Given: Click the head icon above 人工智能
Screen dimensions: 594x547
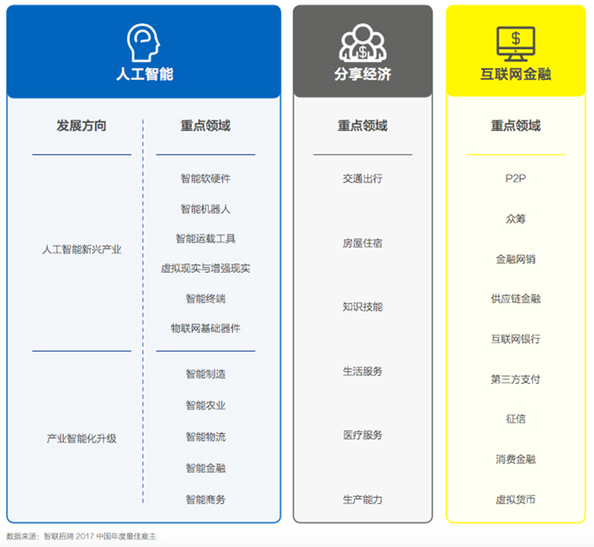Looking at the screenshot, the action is (143, 40).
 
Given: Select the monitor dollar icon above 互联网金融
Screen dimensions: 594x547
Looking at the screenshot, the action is (515, 40).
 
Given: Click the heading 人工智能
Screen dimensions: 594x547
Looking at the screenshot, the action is (144, 74).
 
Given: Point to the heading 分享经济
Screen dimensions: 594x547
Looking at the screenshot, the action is (362, 74).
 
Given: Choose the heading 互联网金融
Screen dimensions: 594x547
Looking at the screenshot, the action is (515, 74).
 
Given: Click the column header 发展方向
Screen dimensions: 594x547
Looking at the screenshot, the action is (81, 126).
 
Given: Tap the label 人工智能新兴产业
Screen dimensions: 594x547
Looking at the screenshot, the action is (81, 250).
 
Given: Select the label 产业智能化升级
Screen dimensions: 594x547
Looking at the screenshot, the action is (81, 438).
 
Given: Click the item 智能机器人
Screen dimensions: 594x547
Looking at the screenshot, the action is (205, 208).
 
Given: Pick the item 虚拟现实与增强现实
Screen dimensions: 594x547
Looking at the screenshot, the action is (205, 268).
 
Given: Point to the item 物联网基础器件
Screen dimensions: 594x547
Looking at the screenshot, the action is (205, 328).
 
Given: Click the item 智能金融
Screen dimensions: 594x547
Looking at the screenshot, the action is (205, 468).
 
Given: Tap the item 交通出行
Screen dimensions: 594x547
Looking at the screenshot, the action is (362, 178).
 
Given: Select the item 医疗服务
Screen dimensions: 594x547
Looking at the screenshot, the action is (362, 435).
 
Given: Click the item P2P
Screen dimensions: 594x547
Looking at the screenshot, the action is (515, 178).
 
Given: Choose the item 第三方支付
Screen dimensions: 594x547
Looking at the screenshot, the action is (515, 379).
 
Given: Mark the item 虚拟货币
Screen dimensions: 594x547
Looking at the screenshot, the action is (515, 499).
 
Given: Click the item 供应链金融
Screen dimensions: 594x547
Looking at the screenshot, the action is (515, 298).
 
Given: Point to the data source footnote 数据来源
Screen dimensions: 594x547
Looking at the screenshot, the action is (81, 536).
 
